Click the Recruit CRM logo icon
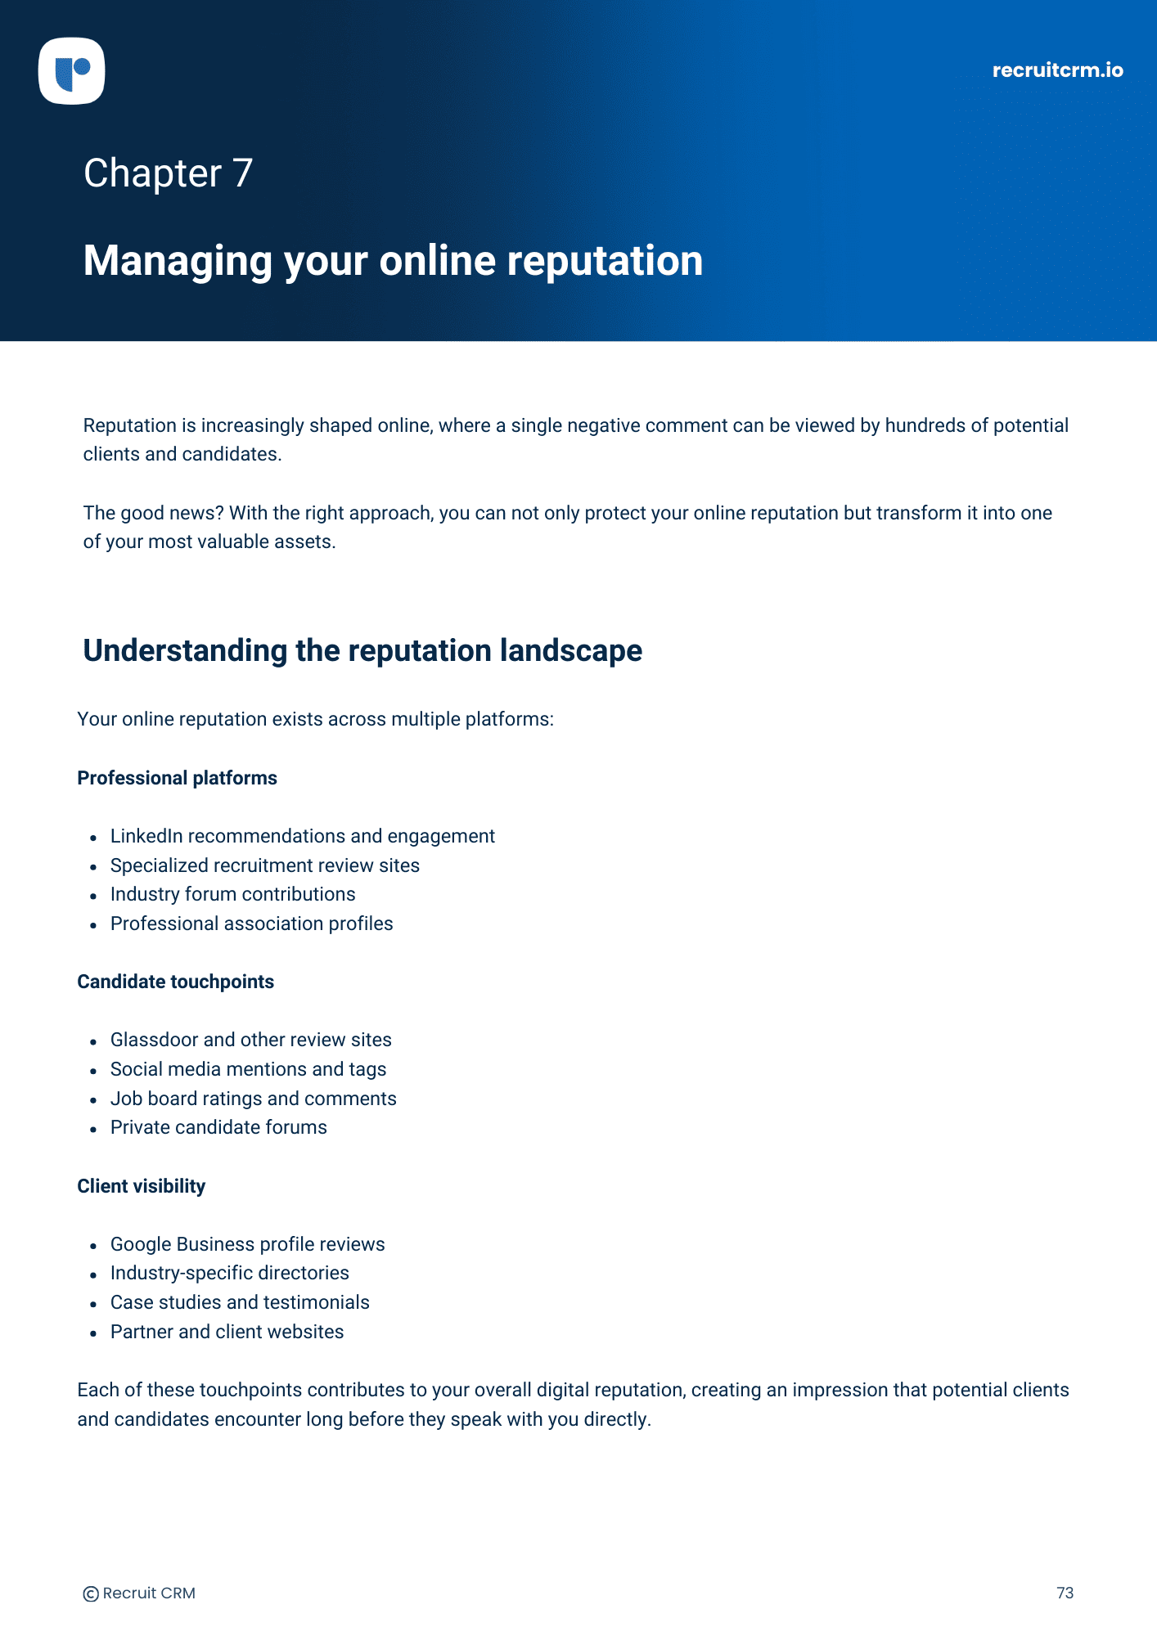(x=72, y=71)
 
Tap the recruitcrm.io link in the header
(x=1057, y=70)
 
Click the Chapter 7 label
(x=168, y=173)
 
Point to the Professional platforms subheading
(x=177, y=778)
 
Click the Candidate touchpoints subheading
(x=175, y=982)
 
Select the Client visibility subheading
(x=141, y=1186)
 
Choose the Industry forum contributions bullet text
(x=232, y=894)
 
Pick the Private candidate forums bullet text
(x=218, y=1127)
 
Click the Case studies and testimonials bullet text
(x=240, y=1302)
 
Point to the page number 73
(x=1065, y=1593)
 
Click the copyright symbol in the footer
(x=91, y=1593)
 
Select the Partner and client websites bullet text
(x=227, y=1332)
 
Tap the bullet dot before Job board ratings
(x=93, y=1099)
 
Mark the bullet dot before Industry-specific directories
(x=93, y=1274)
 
